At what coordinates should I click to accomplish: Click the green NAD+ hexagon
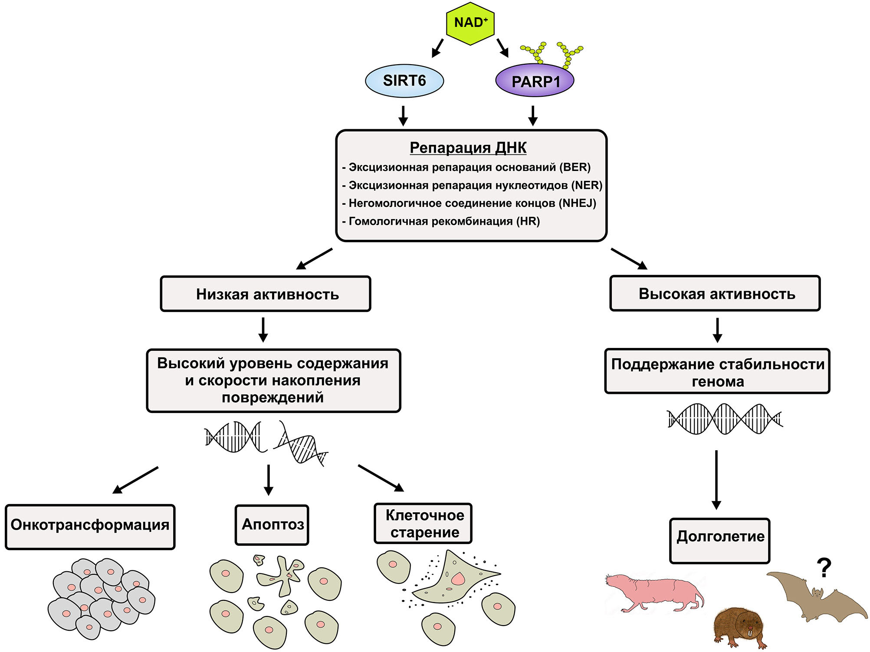pos(470,23)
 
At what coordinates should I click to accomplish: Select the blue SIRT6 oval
pos(404,81)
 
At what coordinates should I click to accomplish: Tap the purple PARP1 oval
pos(535,81)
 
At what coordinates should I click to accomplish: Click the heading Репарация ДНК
pos(468,147)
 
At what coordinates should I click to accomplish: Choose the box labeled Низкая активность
pos(266,294)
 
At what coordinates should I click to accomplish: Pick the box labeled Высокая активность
pos(715,294)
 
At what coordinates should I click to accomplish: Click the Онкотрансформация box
pos(90,526)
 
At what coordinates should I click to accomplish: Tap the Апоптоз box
pos(272,525)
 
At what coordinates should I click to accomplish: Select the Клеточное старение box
pos(423,524)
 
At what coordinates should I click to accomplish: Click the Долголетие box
pos(719,540)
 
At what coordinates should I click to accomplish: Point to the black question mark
pos(824,567)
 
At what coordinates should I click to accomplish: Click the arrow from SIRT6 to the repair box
pos(404,115)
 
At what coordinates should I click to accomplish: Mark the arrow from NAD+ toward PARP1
pos(502,48)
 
